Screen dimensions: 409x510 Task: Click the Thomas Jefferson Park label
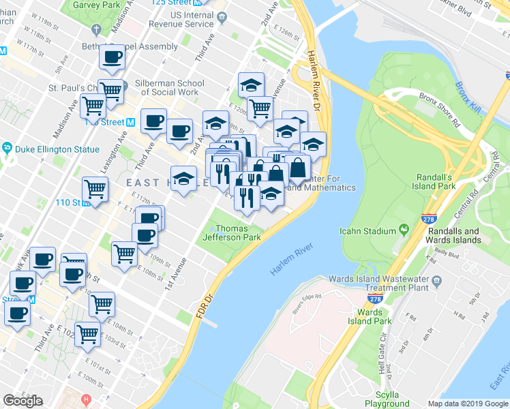238,233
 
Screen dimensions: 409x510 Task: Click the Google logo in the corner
22,401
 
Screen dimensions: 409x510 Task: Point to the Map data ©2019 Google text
467,403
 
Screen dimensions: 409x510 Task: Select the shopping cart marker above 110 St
95,189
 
